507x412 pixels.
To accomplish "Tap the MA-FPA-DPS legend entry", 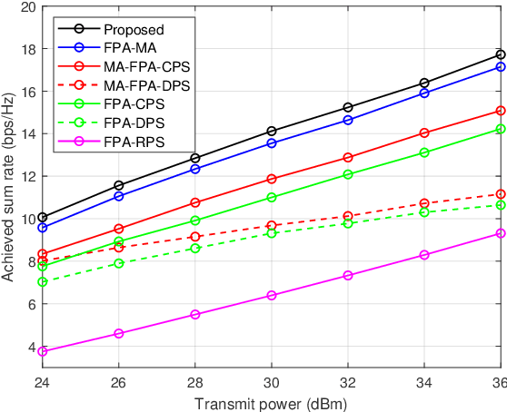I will pos(128,85).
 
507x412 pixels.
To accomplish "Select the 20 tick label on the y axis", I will pos(26,7).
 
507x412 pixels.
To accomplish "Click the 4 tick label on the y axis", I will pos(30,348).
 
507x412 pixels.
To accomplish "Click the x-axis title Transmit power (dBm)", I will pos(271,402).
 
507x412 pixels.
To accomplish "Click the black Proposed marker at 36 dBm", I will pos(499,54).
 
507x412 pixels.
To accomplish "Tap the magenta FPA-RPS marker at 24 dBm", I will pos(42,351).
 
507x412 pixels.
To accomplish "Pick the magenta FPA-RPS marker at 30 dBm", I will pos(271,295).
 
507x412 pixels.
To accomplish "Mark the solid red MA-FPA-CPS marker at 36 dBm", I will pos(499,111).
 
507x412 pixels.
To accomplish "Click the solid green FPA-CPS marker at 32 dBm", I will pos(347,174).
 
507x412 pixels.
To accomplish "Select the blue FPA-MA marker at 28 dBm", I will pos(194,169).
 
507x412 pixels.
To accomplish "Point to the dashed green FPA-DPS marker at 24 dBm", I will pos(42,282).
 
